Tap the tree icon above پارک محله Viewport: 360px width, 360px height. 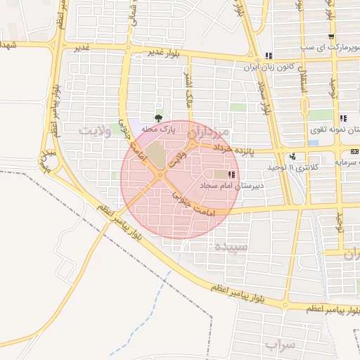pyautogui.click(x=157, y=118)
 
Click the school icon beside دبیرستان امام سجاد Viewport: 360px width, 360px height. pyautogui.click(x=233, y=174)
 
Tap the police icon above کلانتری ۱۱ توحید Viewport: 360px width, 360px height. pyautogui.click(x=292, y=157)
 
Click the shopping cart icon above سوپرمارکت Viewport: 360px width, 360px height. pyautogui.click(x=331, y=37)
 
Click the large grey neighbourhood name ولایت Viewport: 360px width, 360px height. pyautogui.click(x=96, y=131)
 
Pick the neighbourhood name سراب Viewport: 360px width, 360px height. pyautogui.click(x=281, y=345)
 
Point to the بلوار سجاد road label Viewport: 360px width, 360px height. pyautogui.click(x=264, y=98)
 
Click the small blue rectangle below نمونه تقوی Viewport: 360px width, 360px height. pyautogui.click(x=314, y=143)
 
